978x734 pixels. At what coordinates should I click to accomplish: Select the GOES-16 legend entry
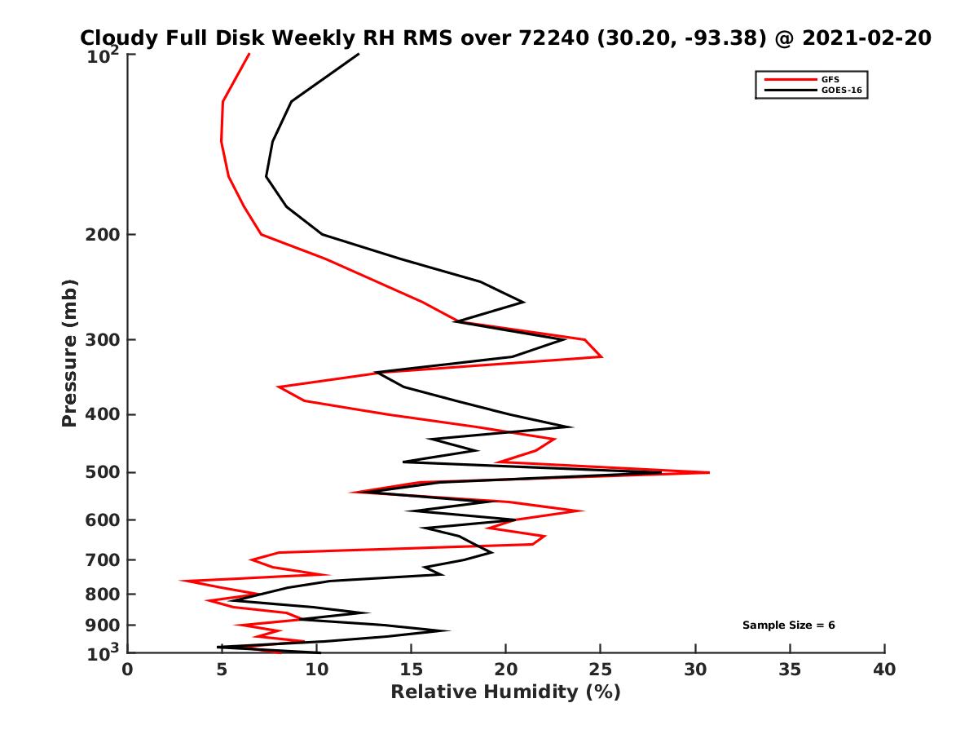pos(839,90)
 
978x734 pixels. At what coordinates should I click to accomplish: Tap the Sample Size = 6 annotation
pos(788,626)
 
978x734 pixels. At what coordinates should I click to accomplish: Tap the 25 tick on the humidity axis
pos(601,670)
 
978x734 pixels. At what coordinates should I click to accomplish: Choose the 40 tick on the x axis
pos(884,670)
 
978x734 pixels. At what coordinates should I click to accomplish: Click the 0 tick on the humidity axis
pos(128,670)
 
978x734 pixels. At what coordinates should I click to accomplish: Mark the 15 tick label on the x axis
pos(412,670)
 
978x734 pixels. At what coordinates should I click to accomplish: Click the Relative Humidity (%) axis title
pos(505,693)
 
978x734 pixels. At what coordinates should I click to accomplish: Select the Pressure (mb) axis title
pos(69,352)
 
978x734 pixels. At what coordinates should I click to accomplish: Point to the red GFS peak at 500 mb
pos(709,472)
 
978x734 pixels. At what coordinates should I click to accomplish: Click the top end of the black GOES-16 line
pos(359,54)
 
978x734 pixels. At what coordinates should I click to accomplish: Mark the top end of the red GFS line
pos(249,54)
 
